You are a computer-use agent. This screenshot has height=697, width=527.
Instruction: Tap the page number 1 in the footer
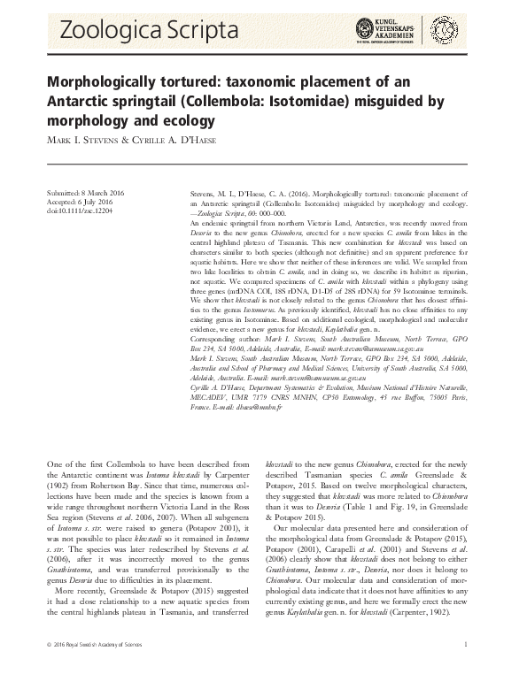tap(465, 677)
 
